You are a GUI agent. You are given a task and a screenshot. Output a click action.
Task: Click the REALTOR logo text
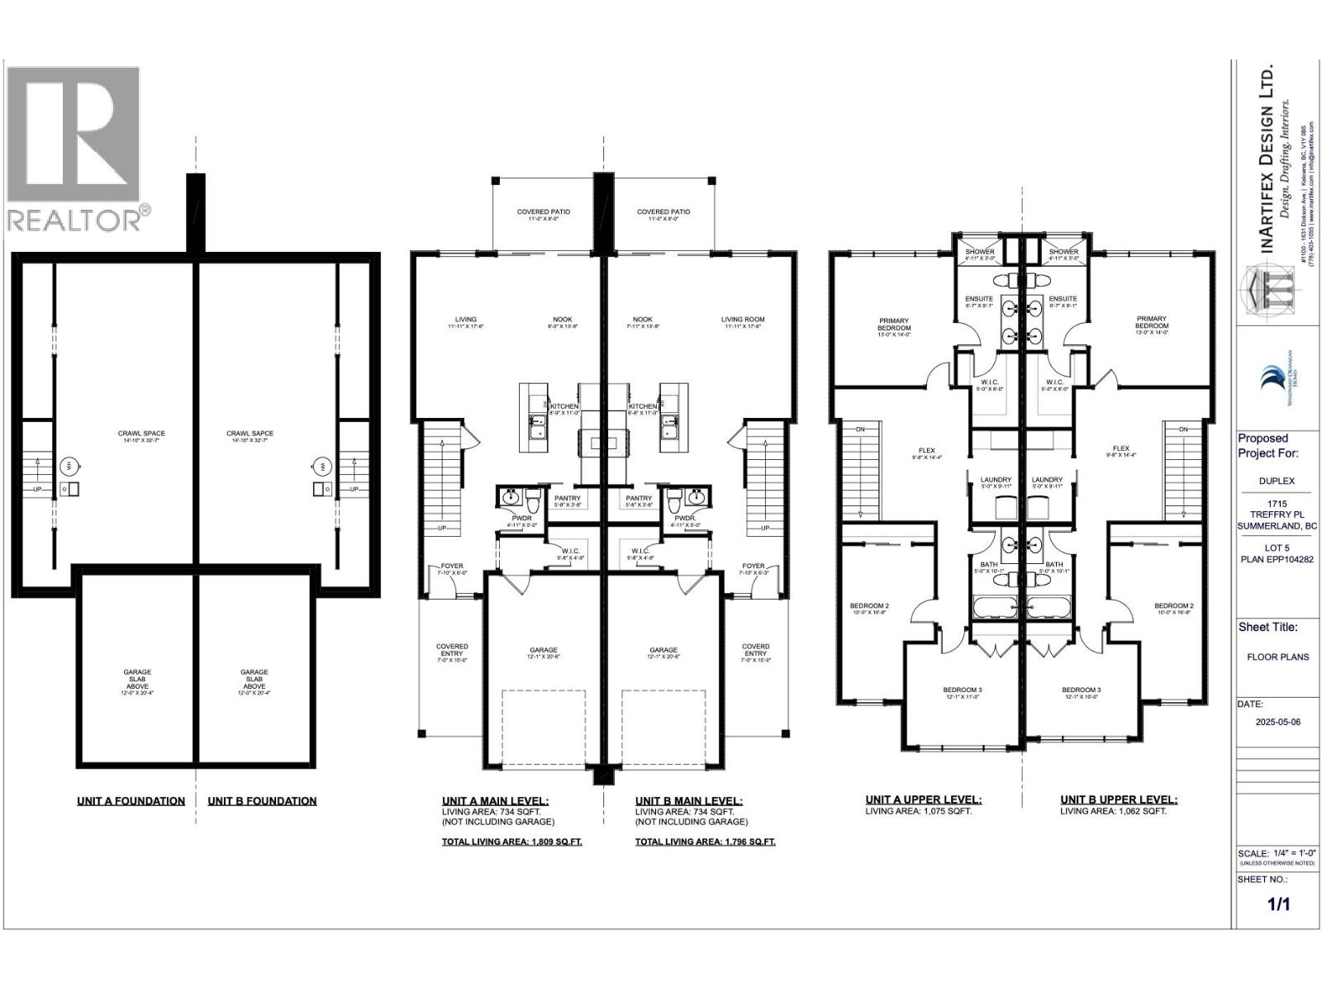(74, 220)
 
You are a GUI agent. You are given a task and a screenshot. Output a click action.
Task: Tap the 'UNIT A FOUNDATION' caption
(131, 801)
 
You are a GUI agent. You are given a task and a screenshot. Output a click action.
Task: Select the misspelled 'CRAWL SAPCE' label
(250, 434)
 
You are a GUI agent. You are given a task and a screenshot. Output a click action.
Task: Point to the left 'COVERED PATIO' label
(544, 212)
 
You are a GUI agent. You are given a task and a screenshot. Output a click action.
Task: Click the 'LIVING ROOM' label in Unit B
(743, 320)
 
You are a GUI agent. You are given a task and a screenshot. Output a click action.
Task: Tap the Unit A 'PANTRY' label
(567, 499)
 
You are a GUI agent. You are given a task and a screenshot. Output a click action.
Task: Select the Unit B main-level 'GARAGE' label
(663, 650)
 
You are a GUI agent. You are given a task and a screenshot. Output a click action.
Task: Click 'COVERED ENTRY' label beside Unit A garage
(452, 647)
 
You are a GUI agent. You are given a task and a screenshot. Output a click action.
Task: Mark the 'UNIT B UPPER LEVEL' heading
(1119, 799)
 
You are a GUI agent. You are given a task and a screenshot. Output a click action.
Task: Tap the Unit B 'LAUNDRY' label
(1047, 480)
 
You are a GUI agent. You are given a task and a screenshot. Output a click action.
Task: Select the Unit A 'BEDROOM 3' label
(963, 690)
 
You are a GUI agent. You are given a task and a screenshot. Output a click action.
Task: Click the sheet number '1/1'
(1278, 904)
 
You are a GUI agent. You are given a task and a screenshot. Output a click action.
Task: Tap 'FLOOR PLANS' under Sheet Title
(1277, 657)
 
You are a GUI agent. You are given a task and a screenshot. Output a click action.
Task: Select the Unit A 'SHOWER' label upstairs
(980, 252)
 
